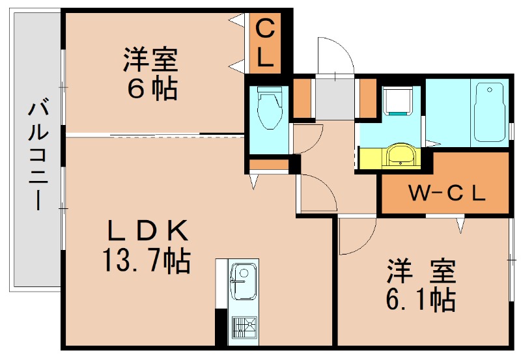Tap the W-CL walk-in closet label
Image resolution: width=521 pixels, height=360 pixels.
tap(446, 193)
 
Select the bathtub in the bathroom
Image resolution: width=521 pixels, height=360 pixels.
tap(490, 111)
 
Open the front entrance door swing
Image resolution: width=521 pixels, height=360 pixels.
tap(335, 59)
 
